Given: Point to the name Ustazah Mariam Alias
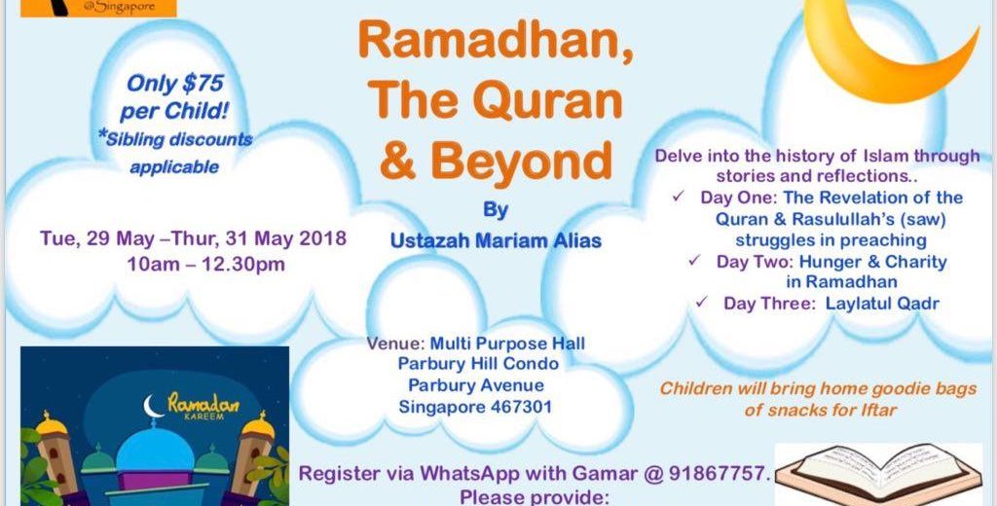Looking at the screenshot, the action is [496, 241].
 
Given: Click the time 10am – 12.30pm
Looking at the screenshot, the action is [206, 264].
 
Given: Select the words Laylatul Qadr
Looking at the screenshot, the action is [882, 304].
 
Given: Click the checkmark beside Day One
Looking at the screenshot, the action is [678, 197].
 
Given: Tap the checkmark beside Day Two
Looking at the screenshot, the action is [694, 261].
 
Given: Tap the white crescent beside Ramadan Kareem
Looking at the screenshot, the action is [151, 407].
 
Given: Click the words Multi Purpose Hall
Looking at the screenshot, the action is [507, 343].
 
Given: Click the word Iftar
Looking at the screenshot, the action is [878, 410].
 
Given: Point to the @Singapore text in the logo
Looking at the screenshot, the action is [124, 8].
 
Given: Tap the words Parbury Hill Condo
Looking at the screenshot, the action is [478, 364].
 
